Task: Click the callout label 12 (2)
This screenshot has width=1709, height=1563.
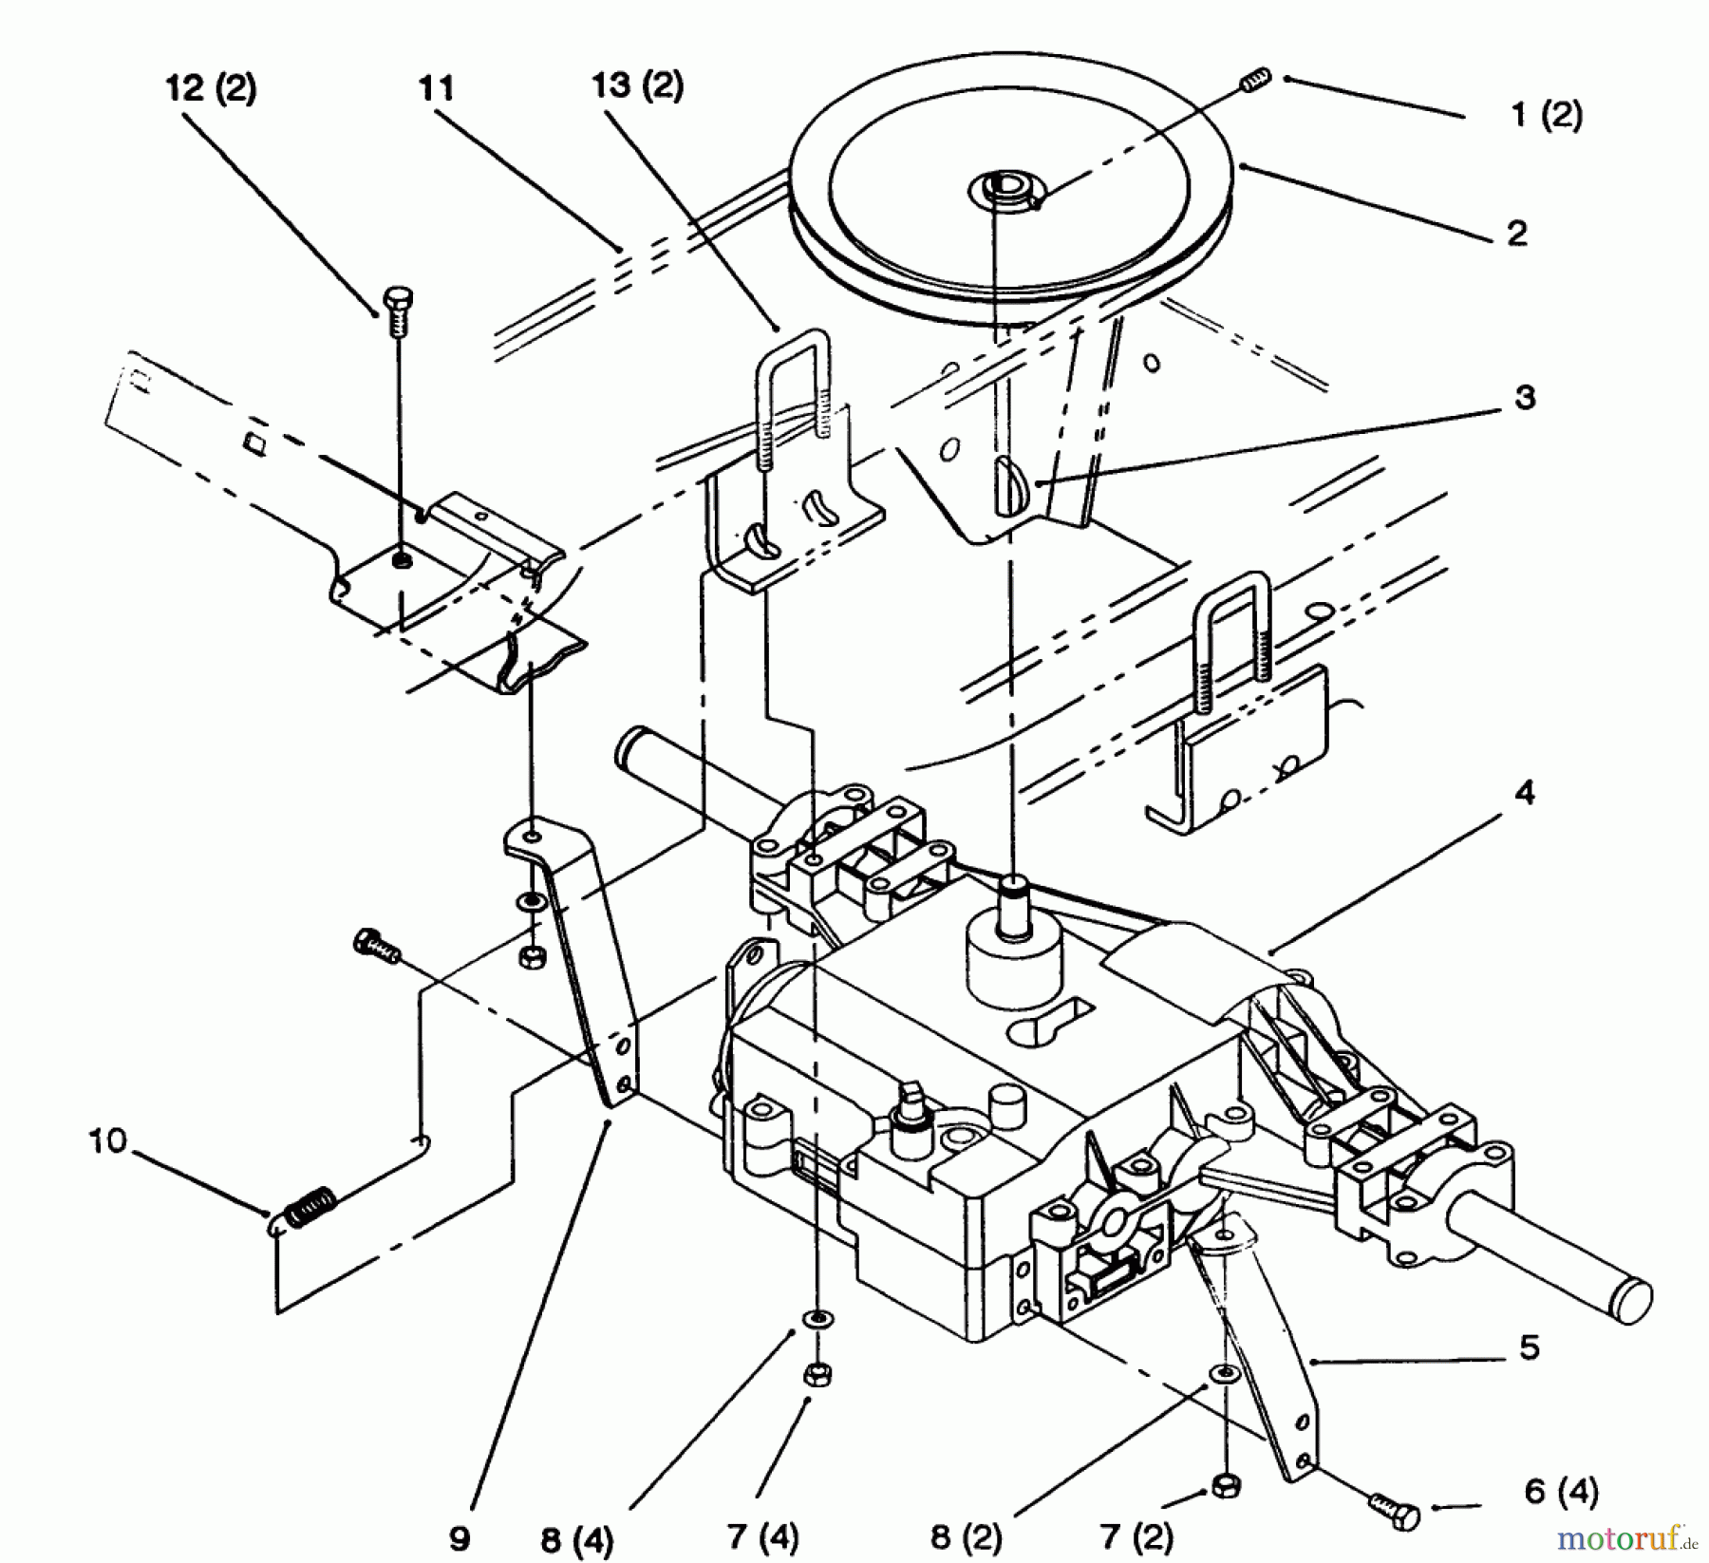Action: pos(211,89)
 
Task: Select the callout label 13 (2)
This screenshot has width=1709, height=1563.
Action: pos(637,86)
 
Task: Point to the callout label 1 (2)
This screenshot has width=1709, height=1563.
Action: pos(1547,115)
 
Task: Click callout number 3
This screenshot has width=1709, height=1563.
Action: pos(1526,397)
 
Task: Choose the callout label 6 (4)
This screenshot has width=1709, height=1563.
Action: pos(1561,1492)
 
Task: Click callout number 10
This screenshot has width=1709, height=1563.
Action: pos(108,1140)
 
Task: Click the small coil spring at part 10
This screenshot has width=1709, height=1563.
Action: pos(305,1209)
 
